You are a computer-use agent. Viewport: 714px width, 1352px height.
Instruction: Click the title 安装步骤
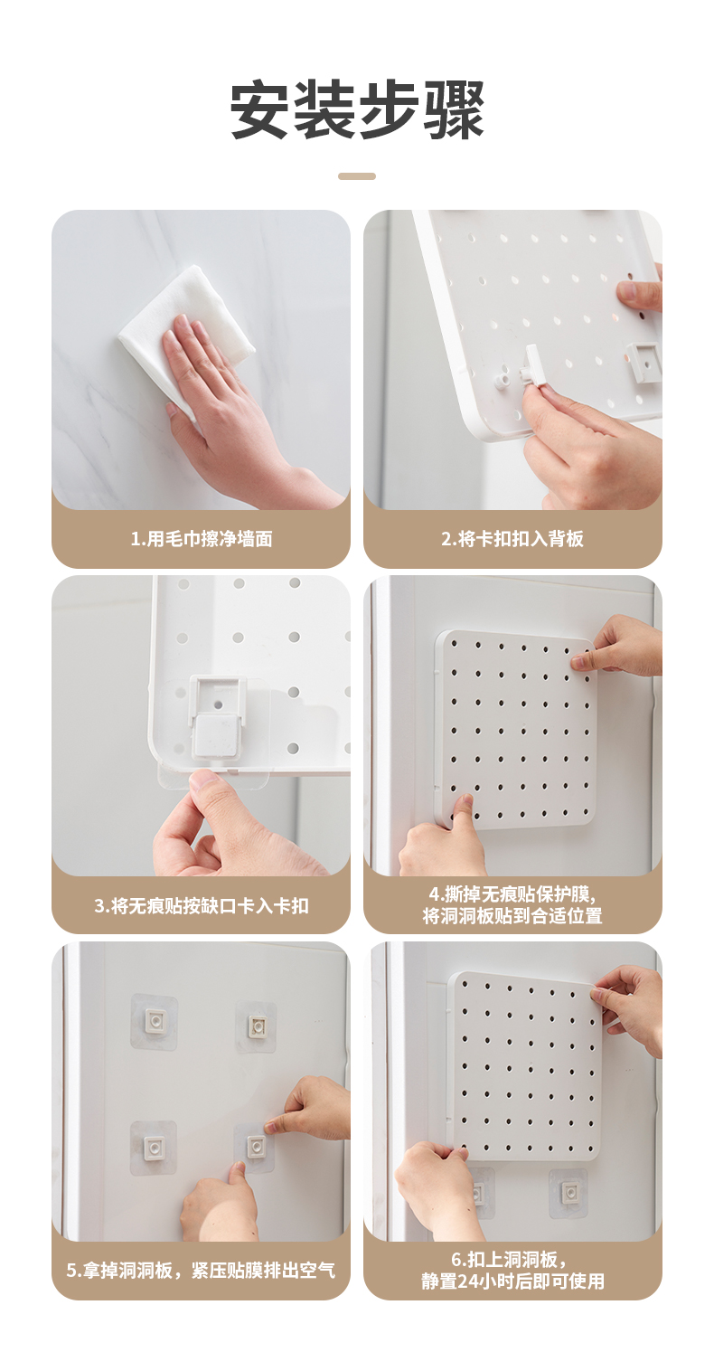[x=357, y=111]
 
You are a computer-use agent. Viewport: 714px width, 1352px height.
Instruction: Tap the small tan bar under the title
[x=357, y=176]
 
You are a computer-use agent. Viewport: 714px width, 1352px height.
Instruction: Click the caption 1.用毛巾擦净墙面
[x=202, y=538]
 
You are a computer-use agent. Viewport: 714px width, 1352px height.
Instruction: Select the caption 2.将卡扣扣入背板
[x=512, y=538]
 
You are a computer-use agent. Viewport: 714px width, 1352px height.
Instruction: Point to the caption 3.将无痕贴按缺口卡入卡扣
[x=202, y=905]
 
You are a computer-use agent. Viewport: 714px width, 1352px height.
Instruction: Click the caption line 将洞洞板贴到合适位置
[x=512, y=915]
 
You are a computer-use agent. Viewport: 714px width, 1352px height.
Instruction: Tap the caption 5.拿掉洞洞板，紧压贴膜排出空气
[x=202, y=1271]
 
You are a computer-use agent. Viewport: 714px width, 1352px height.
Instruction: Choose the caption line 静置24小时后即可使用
[x=512, y=1281]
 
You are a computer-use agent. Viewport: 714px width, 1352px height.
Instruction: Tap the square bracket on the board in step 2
[x=644, y=361]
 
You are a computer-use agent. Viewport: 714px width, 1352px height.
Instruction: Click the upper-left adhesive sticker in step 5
[x=155, y=1021]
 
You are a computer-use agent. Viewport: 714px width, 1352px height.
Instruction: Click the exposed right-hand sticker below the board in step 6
[x=568, y=1193]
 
